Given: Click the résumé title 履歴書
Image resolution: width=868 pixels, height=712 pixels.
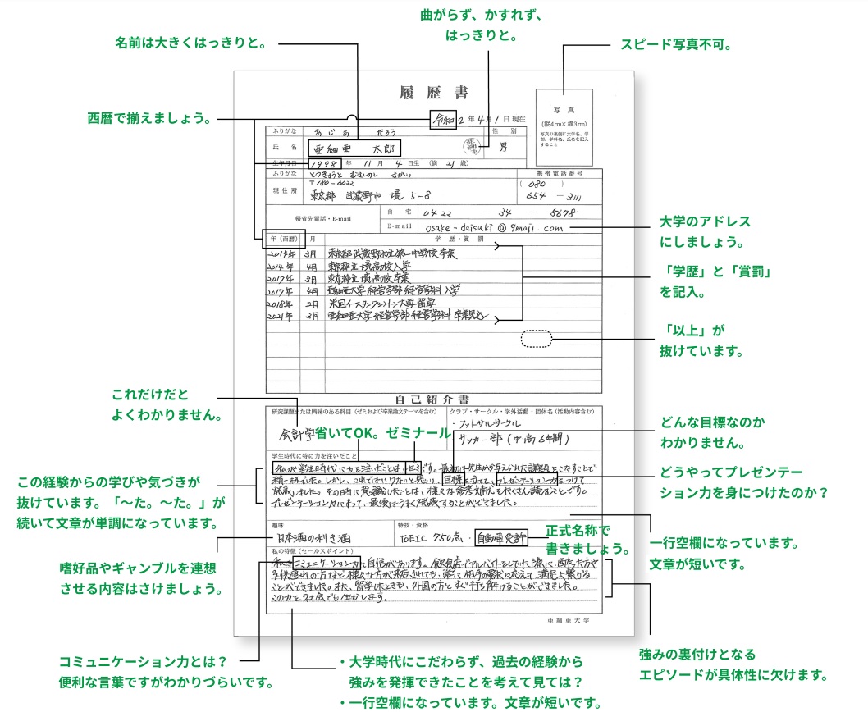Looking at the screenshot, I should coord(433,92).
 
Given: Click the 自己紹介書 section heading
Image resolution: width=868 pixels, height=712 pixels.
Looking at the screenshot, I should coord(433,399).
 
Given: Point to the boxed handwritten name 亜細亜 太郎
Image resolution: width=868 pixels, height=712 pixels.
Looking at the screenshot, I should coord(353,148).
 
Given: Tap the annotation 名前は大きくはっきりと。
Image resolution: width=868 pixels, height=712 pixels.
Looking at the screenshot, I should coord(191,42).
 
